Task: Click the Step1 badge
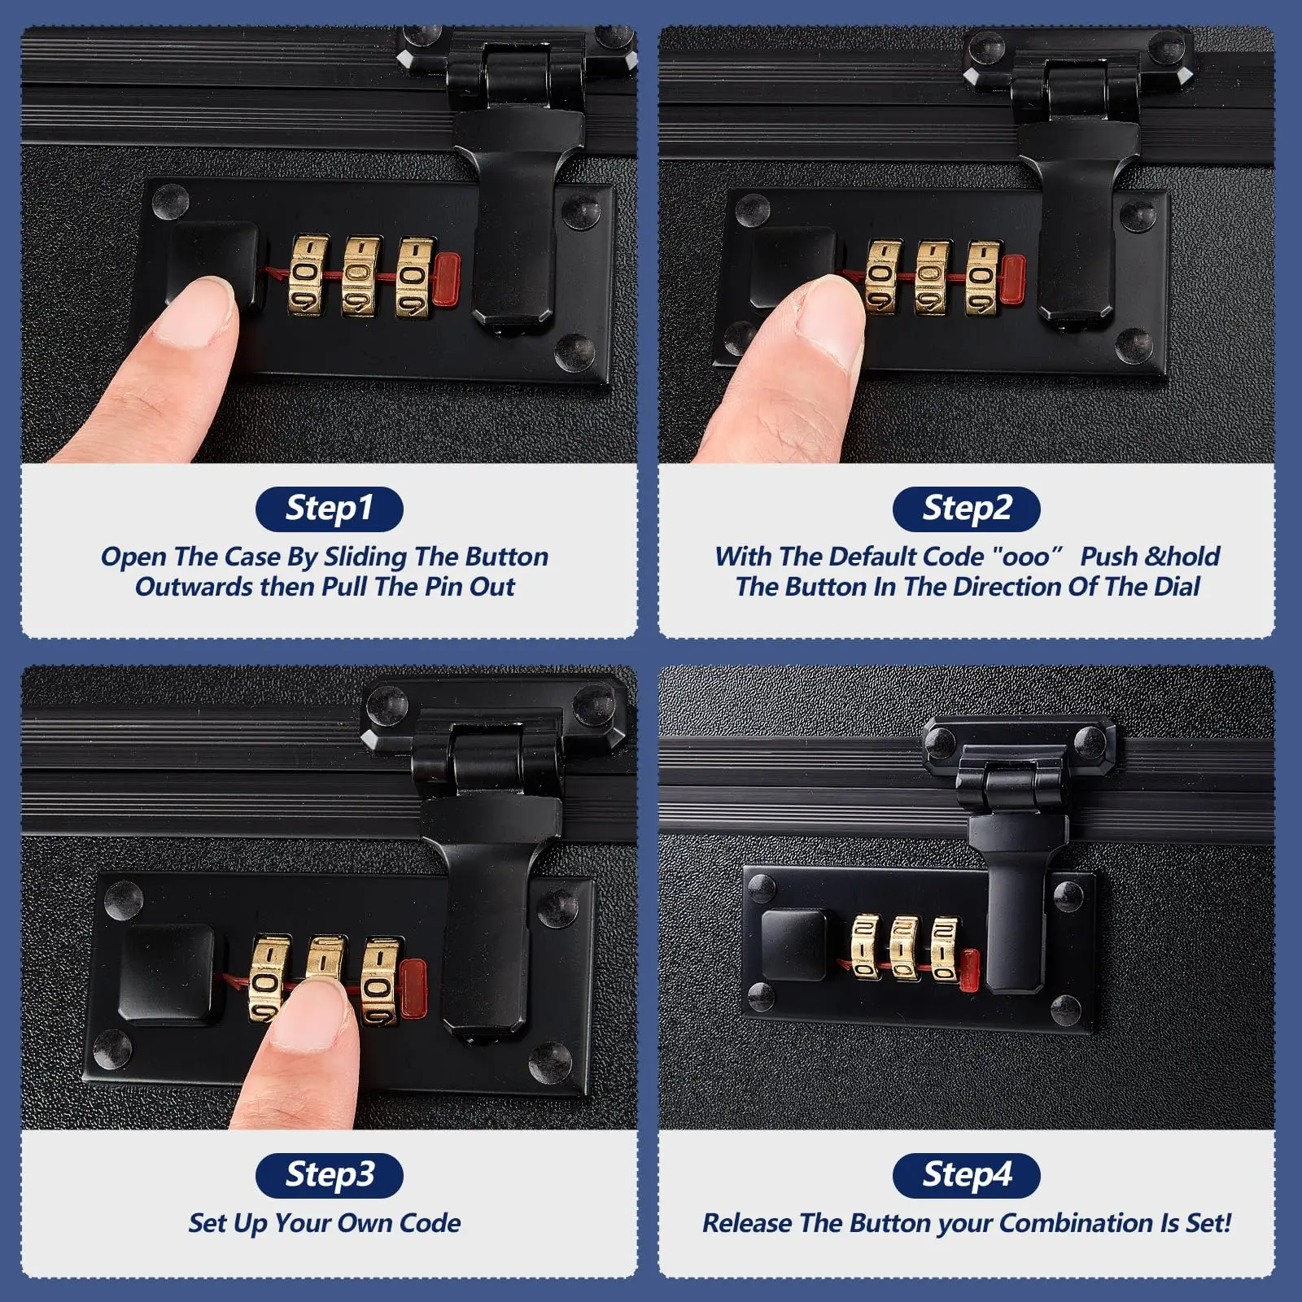(330, 509)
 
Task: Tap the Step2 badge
(967, 509)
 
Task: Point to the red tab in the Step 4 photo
(969, 970)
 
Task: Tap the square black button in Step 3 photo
(168, 975)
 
